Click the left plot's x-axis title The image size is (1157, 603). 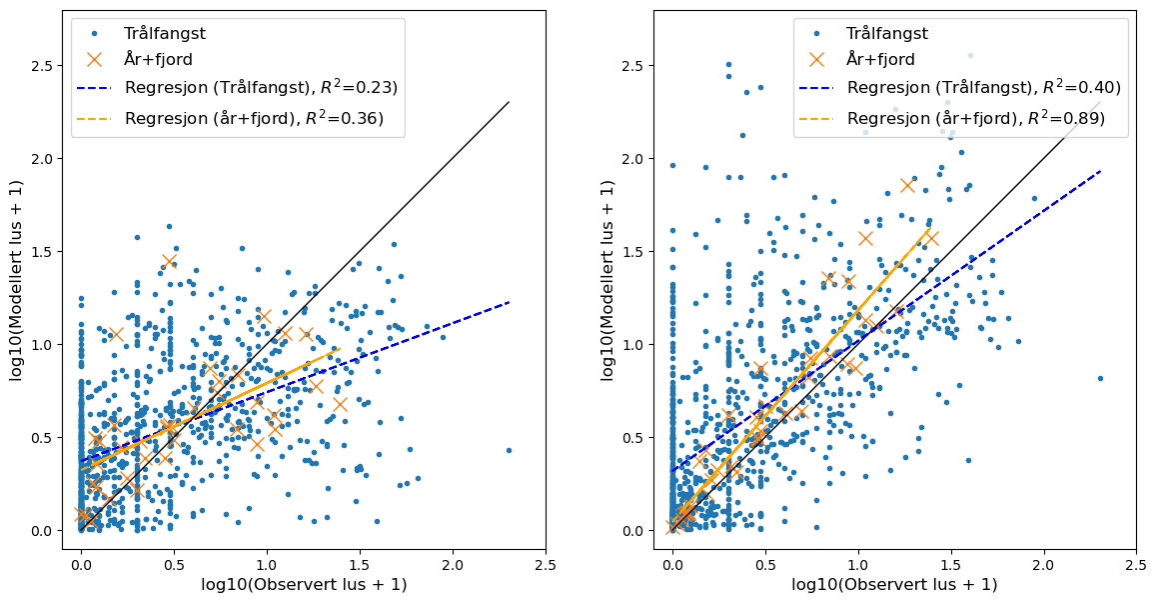pos(304,585)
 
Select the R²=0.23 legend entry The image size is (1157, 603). pos(261,88)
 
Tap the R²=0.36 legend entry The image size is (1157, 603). pos(254,119)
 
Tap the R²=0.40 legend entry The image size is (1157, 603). pos(983,88)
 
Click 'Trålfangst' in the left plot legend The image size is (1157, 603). pos(165,34)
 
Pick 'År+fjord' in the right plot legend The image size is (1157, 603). pos(880,60)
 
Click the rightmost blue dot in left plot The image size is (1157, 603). pos(509,450)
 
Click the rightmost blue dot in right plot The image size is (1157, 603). pos(1100,378)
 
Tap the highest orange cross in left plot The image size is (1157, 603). pos(169,261)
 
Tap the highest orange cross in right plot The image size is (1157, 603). pos(907,185)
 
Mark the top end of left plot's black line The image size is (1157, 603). pos(509,102)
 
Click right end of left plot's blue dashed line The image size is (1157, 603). pos(509,302)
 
